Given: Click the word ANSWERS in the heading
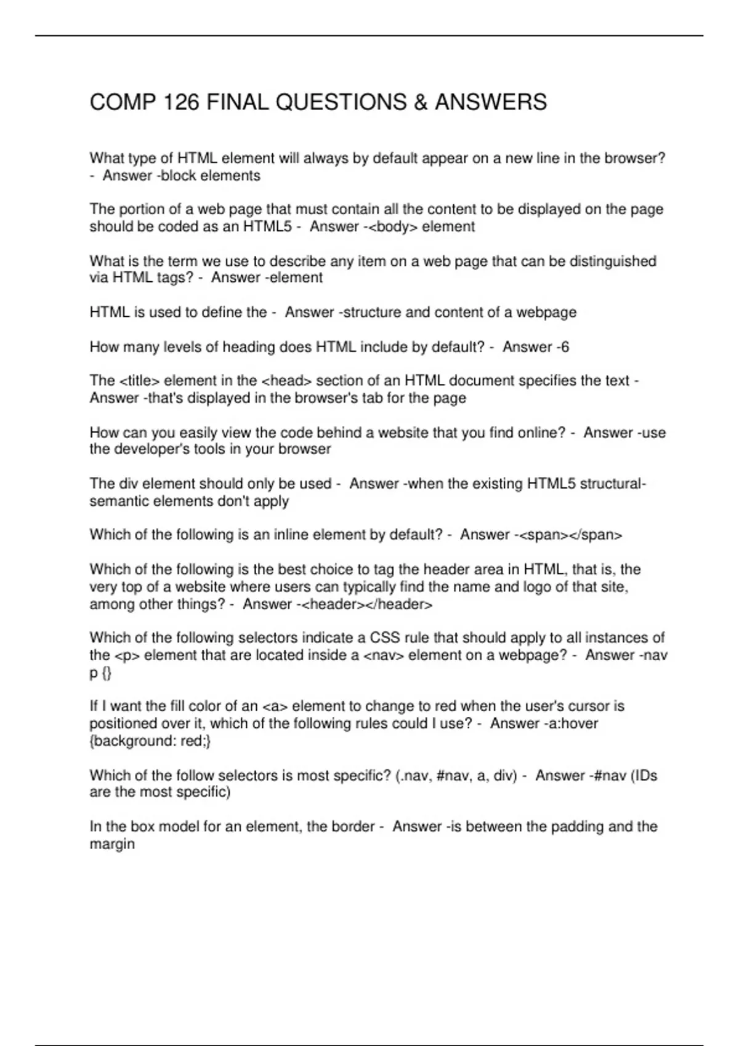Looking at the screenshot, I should point(490,102).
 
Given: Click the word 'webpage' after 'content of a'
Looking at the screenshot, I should point(546,313).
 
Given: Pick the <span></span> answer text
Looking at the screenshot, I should point(571,535).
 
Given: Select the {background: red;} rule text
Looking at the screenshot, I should point(150,741).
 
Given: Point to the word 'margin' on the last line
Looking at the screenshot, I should point(112,844).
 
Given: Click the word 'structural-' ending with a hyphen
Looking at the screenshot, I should point(613,484).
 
